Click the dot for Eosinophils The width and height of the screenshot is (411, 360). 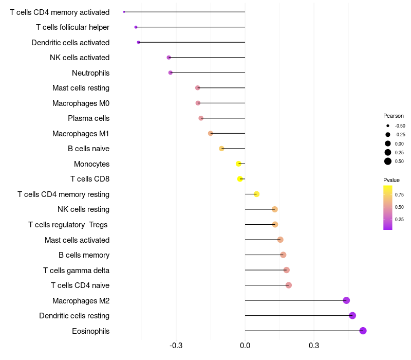pyautogui.click(x=363, y=331)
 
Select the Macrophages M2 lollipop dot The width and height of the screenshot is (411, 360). pyautogui.click(x=346, y=300)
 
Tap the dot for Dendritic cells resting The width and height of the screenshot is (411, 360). pyautogui.click(x=352, y=316)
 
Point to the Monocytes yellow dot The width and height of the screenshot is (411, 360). pyautogui.click(x=238, y=164)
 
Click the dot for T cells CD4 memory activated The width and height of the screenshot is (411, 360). pyautogui.click(x=124, y=12)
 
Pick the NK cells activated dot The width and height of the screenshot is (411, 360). pyautogui.click(x=169, y=58)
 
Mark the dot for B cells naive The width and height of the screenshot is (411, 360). pyautogui.click(x=221, y=149)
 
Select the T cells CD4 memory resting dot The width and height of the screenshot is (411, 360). pyautogui.click(x=256, y=194)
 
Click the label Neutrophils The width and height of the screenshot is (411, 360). pyautogui.click(x=90, y=73)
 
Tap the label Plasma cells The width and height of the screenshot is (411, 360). pyautogui.click(x=88, y=118)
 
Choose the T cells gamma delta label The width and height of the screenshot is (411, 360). pyautogui.click(x=76, y=271)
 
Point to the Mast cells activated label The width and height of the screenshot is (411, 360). pyautogui.click(x=77, y=240)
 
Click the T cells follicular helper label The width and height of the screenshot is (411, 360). pyautogui.click(x=72, y=27)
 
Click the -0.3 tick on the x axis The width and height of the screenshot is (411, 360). pyautogui.click(x=176, y=345)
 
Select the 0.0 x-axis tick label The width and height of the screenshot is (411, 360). pyautogui.click(x=245, y=345)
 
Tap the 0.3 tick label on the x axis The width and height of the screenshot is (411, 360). pyautogui.click(x=314, y=345)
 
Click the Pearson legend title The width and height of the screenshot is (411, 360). pyautogui.click(x=394, y=116)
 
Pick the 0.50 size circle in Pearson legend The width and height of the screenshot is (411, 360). pyautogui.click(x=388, y=161)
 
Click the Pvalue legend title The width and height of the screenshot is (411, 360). pyautogui.click(x=391, y=180)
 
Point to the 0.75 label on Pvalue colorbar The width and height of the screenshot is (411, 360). pyautogui.click(x=399, y=195)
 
